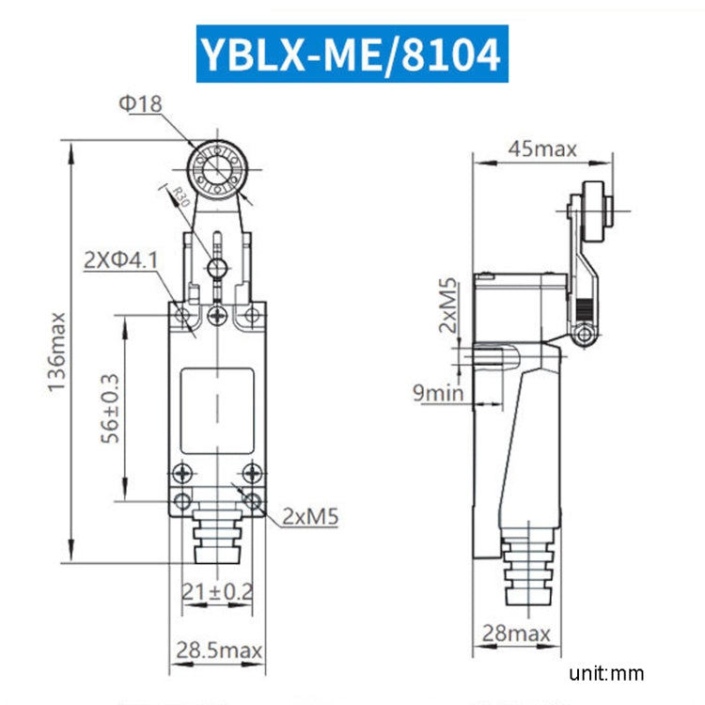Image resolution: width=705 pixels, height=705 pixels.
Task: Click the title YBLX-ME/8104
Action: click(349, 54)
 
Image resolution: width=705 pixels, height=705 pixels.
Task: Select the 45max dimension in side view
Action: click(541, 148)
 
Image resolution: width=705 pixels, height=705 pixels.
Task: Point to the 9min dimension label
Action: click(438, 393)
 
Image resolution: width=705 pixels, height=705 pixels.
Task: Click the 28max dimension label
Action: click(516, 634)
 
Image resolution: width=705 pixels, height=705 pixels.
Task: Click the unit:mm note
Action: click(606, 673)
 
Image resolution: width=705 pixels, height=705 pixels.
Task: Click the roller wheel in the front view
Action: click(217, 172)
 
